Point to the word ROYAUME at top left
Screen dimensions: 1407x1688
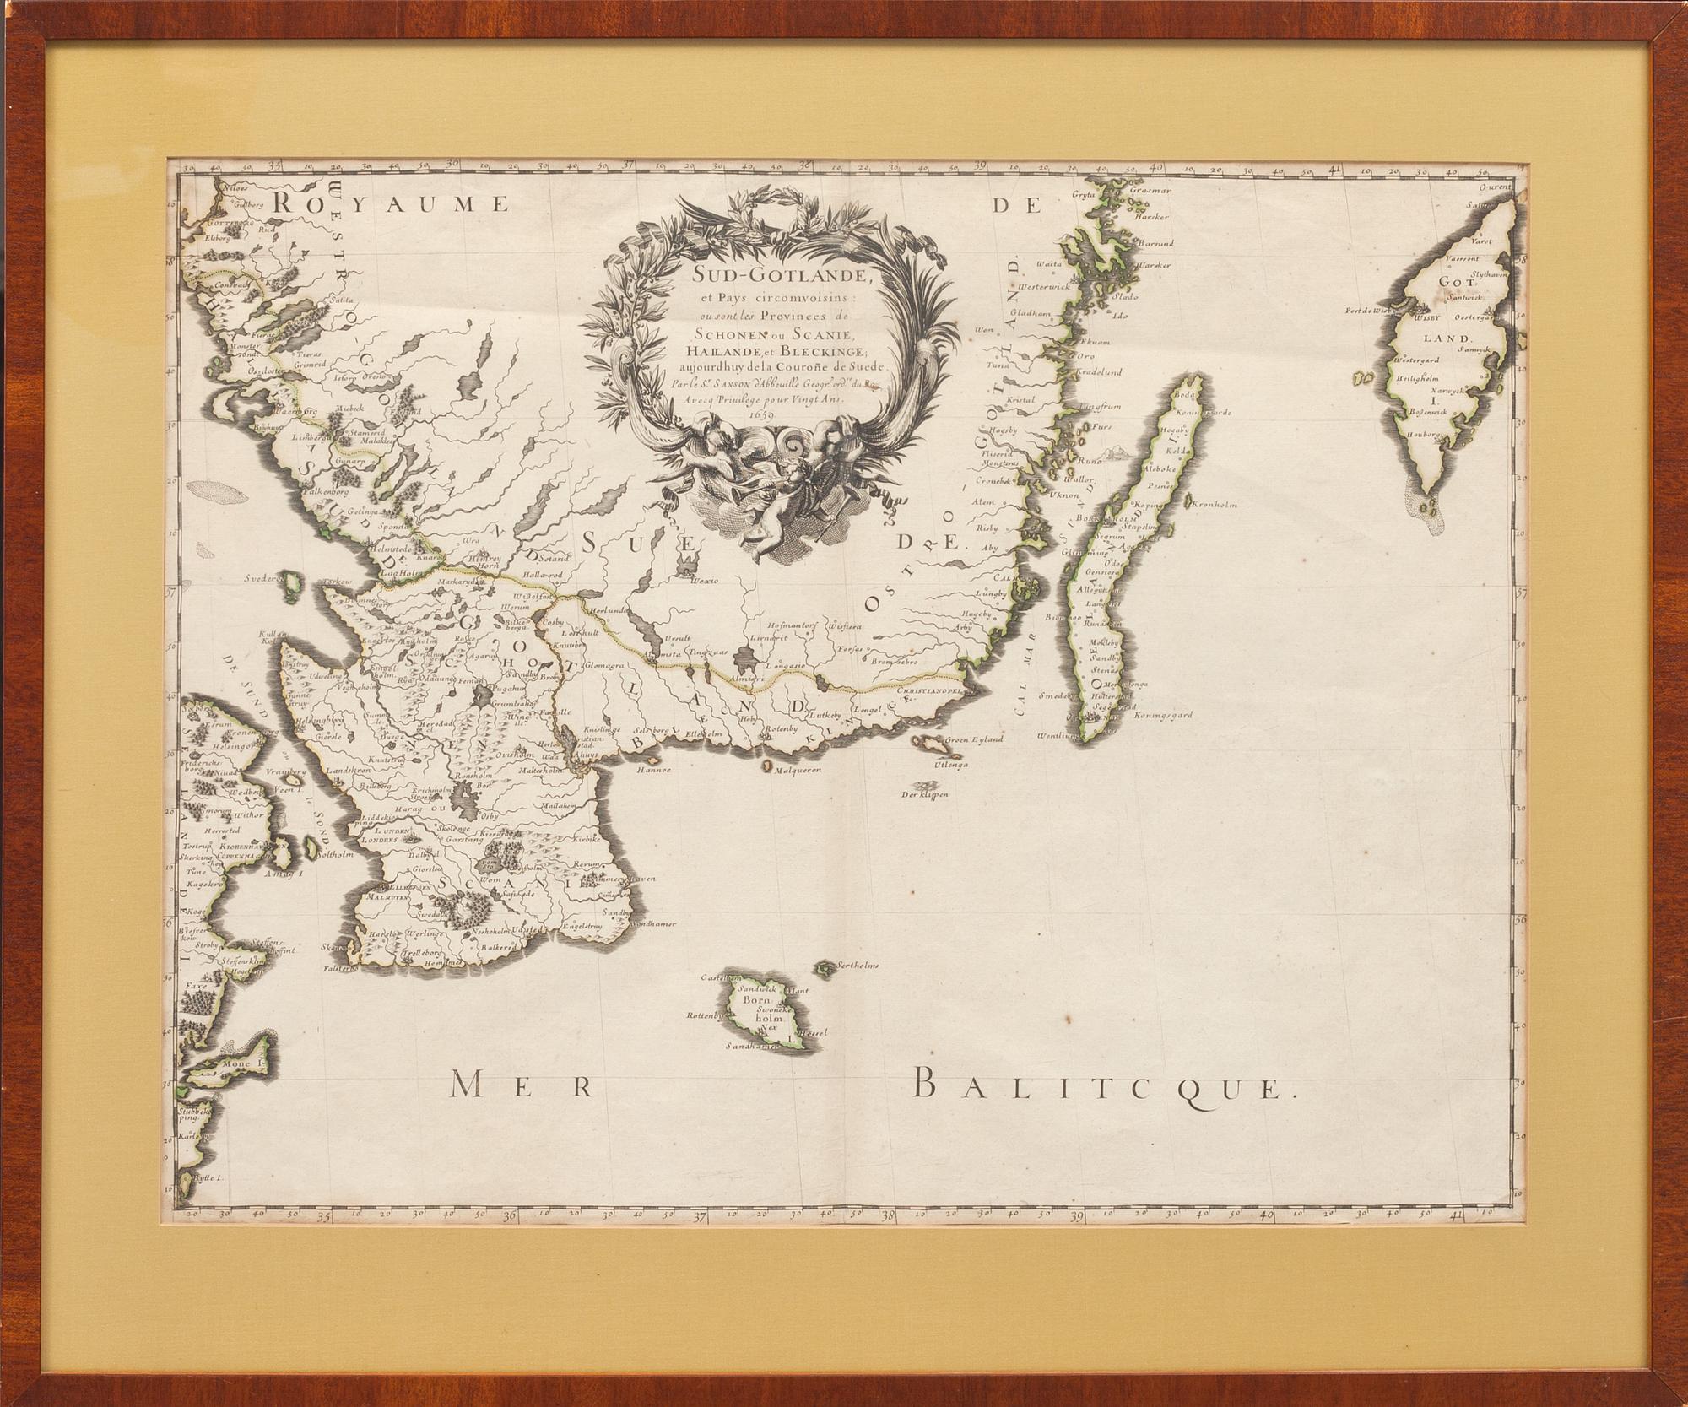(392, 203)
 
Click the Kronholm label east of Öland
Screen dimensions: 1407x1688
(1214, 505)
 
